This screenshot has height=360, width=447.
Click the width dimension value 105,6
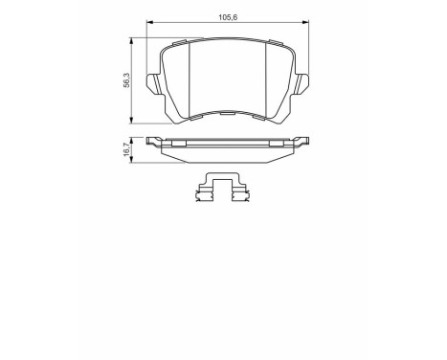tap(225, 16)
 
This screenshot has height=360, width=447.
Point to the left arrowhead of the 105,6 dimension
tap(147, 23)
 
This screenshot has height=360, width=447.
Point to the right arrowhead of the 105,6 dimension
tap(305, 23)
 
